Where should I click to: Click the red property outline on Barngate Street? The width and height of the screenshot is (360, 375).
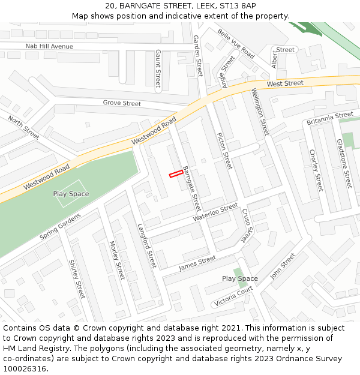point(176,173)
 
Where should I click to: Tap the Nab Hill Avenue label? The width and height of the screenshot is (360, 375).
point(49,46)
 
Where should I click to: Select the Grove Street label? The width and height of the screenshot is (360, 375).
point(122,103)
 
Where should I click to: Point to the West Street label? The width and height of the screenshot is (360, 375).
point(285,83)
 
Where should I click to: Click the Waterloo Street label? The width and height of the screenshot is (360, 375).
point(216,213)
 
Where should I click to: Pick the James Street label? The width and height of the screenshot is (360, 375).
point(197,262)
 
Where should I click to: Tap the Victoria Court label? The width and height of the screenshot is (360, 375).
point(233,296)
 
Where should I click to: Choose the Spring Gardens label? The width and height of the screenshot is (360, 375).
point(59,226)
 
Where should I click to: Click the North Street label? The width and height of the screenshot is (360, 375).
point(24,128)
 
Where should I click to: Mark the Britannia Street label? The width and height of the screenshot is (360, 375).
point(330,118)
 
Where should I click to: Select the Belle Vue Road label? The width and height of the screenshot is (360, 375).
point(236,44)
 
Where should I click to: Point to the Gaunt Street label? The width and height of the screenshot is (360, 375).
point(158,68)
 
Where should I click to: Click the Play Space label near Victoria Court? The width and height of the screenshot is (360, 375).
point(240,278)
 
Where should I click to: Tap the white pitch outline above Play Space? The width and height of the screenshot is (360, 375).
point(71,186)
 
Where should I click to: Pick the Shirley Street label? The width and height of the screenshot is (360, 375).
point(77,279)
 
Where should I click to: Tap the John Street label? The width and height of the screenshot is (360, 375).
point(283,266)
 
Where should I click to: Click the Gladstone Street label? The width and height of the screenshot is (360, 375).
point(344,163)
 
